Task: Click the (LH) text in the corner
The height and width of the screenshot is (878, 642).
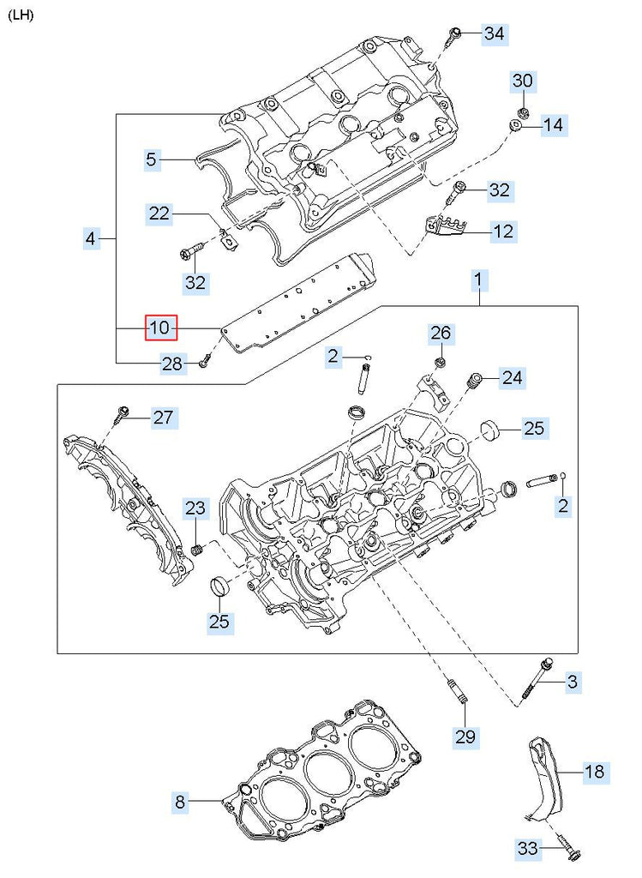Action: pyautogui.click(x=21, y=16)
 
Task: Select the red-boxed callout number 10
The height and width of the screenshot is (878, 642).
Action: pyautogui.click(x=160, y=328)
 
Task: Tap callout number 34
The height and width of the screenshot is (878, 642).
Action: pyautogui.click(x=495, y=34)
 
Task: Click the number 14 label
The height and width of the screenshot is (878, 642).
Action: pyautogui.click(x=553, y=126)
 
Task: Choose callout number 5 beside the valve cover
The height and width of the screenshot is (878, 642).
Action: pyautogui.click(x=151, y=159)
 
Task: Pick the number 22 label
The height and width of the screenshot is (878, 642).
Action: pyautogui.click(x=159, y=213)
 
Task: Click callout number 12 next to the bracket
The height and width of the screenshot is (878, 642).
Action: pyautogui.click(x=503, y=231)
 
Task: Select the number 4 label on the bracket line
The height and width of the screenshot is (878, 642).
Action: pyautogui.click(x=91, y=238)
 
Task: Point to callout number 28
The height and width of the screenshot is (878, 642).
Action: pyautogui.click(x=172, y=364)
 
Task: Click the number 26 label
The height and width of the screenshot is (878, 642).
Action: pyautogui.click(x=440, y=333)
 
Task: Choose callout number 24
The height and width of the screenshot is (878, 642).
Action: pyautogui.click(x=513, y=377)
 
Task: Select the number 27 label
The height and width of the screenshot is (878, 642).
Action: pyautogui.click(x=163, y=418)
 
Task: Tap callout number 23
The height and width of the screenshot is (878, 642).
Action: pyautogui.click(x=195, y=508)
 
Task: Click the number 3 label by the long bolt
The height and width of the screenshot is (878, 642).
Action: pyautogui.click(x=572, y=683)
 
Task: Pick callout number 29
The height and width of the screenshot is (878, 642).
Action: pyautogui.click(x=466, y=736)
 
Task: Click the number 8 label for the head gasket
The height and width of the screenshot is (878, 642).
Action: pyautogui.click(x=180, y=803)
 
